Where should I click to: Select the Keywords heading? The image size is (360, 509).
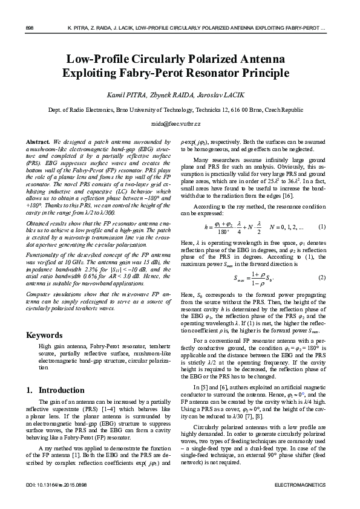coord(45,335)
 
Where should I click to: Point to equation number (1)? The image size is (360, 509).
coord(322,227)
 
